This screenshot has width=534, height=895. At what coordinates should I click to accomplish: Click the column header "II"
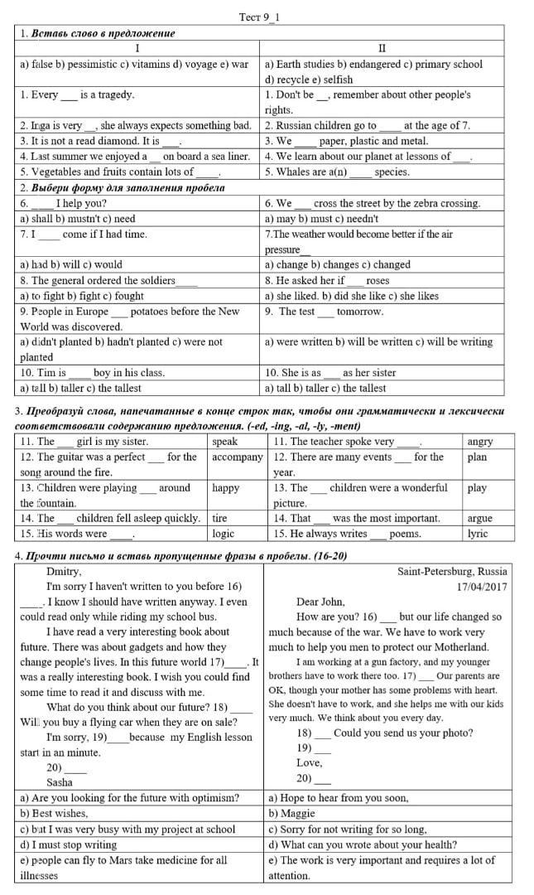point(382,48)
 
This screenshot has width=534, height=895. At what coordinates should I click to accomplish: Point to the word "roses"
point(377,281)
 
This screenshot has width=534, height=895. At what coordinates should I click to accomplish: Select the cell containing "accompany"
point(237,457)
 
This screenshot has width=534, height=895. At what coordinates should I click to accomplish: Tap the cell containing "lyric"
point(478,534)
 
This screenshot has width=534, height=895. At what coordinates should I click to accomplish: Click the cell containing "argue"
point(479,519)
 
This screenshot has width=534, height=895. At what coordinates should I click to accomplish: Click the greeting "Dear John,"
point(320,602)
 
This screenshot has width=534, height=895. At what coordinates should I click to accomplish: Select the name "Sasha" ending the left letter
point(60,782)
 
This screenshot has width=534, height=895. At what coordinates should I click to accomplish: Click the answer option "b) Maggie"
point(292,814)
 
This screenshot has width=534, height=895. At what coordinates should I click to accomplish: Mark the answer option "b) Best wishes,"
point(55,814)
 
